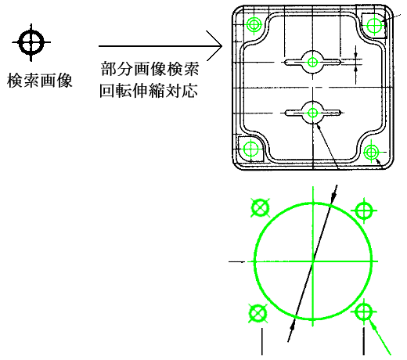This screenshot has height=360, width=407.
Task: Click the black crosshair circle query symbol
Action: point(31,42)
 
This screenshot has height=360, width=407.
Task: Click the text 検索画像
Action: point(39,81)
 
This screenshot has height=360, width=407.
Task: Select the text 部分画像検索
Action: point(149,69)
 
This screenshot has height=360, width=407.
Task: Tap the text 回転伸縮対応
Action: point(149,91)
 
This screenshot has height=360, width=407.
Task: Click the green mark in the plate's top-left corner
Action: point(254,25)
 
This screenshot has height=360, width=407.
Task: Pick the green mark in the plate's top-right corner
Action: point(374,25)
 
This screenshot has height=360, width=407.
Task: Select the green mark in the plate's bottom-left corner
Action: point(250,149)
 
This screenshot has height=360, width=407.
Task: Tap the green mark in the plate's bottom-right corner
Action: point(371,152)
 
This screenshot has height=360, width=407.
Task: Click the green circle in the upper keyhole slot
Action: point(312,62)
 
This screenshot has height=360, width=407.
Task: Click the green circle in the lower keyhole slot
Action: point(312,113)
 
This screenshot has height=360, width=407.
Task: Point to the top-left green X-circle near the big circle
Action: point(260,208)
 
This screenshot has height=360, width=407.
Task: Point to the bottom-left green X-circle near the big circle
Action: point(258,313)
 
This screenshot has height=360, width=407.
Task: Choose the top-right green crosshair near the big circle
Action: point(364,211)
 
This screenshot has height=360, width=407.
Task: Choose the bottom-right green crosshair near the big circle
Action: point(364,311)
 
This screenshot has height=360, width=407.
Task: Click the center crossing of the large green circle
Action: point(312,261)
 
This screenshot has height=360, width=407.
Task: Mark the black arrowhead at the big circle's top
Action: point(333,198)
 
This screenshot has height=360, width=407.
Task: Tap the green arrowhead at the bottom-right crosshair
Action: point(373,323)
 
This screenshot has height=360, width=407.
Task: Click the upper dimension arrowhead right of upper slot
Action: point(355,55)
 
